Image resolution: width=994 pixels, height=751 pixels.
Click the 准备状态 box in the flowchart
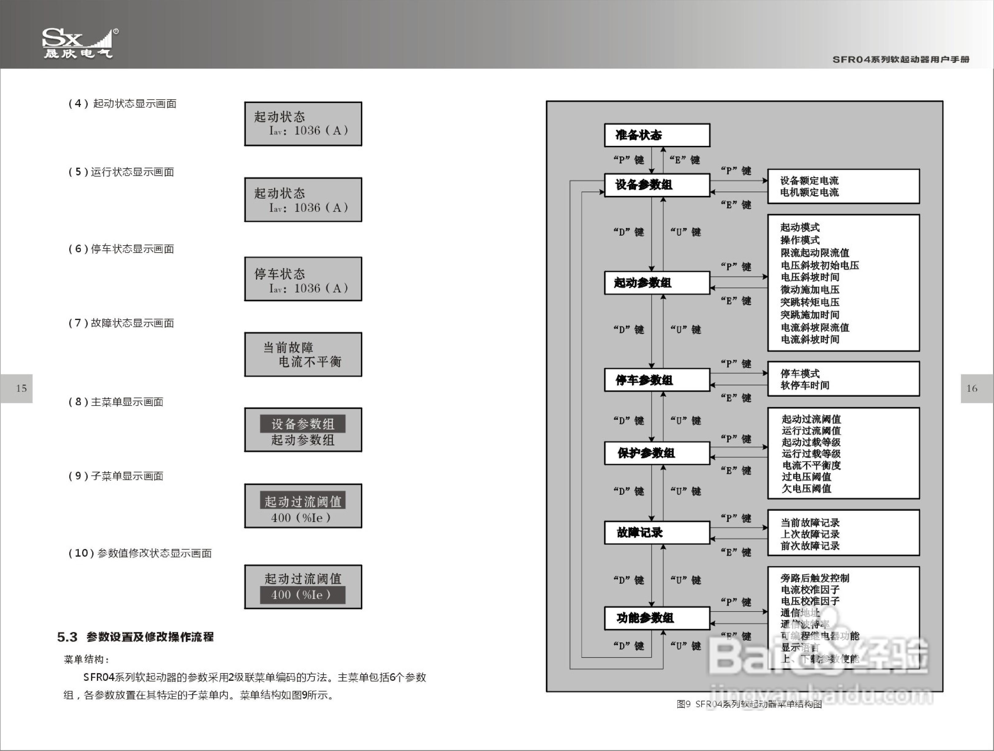pyautogui.click(x=657, y=135)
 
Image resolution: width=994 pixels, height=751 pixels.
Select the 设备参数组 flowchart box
pyautogui.click(x=657, y=185)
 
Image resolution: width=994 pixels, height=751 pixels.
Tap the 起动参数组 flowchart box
pyautogui.click(x=657, y=283)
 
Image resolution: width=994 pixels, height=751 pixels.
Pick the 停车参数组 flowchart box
pyautogui.click(x=657, y=380)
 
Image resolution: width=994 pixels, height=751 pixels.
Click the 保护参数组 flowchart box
pyautogui.click(x=657, y=453)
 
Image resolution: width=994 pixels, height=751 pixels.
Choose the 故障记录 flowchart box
pyautogui.click(x=657, y=532)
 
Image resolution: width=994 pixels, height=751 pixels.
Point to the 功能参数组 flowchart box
pyautogui.click(x=657, y=618)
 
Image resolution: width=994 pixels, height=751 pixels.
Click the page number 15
pyautogui.click(x=21, y=388)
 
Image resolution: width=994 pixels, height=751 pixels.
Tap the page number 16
pyautogui.click(x=972, y=388)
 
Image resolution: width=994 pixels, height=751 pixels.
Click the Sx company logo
pyautogui.click(x=79, y=44)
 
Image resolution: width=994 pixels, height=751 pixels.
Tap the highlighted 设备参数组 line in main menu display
pyautogui.click(x=303, y=424)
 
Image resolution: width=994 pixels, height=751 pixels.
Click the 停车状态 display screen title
pyautogui.click(x=280, y=274)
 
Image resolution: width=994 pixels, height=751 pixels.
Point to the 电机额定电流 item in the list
pyautogui.click(x=809, y=193)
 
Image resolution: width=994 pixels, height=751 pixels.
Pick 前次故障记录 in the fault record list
pyautogui.click(x=810, y=546)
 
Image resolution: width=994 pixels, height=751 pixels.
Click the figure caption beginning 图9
pyautogui.click(x=749, y=704)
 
